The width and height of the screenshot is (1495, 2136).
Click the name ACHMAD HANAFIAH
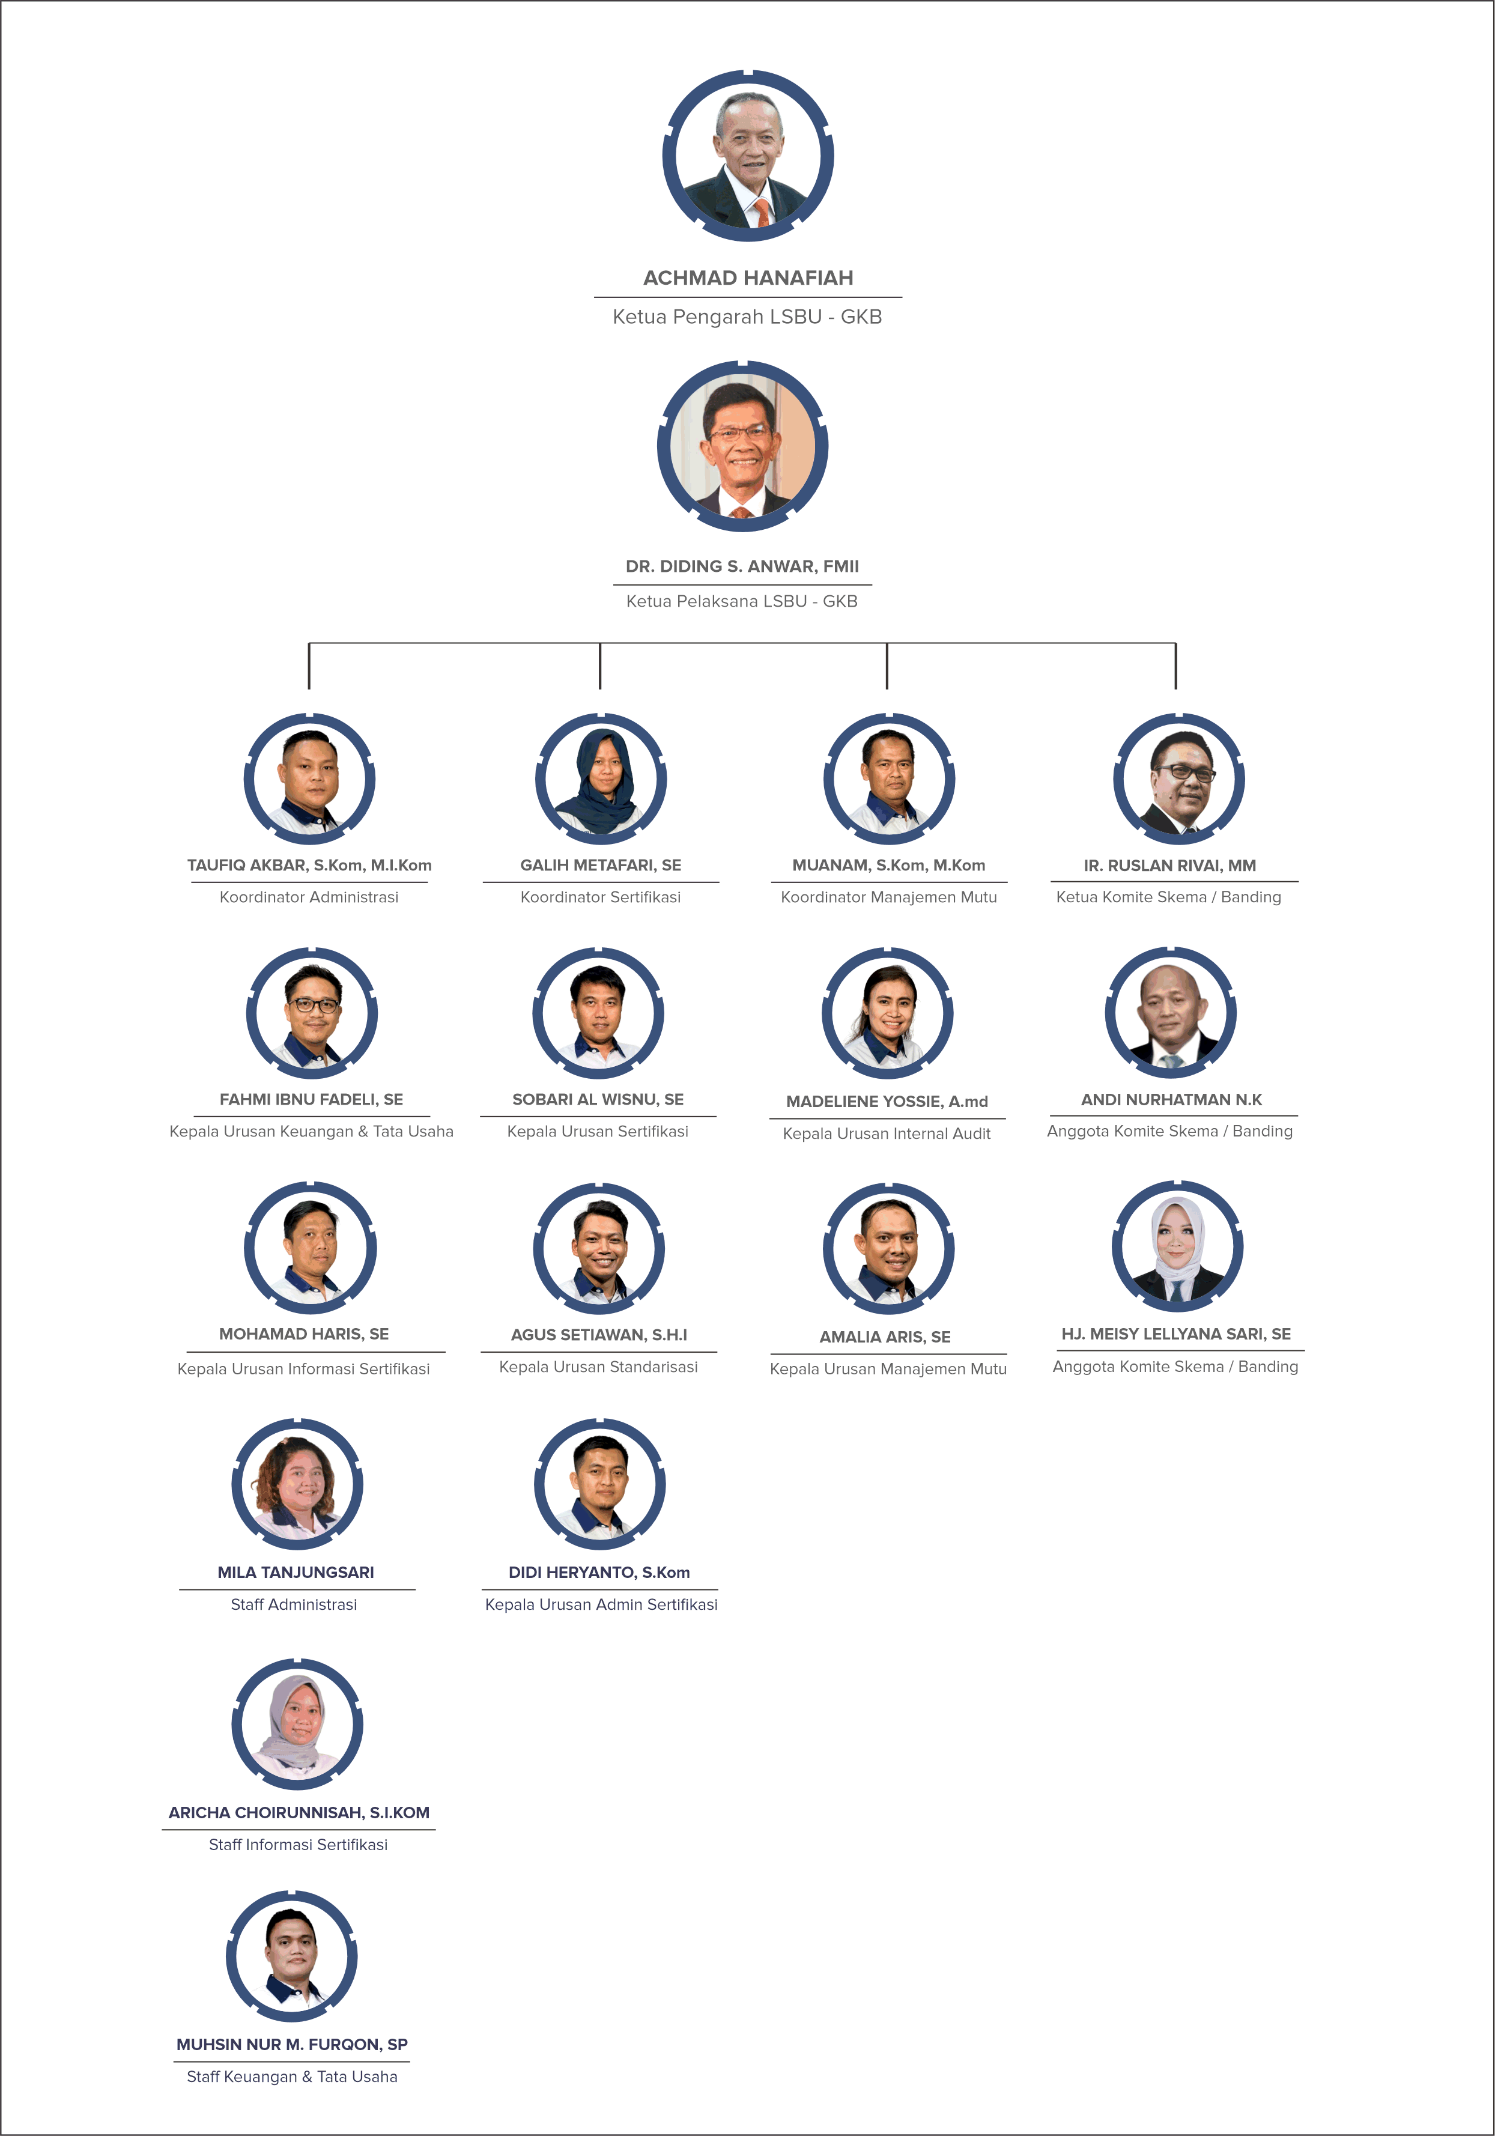pyautogui.click(x=748, y=278)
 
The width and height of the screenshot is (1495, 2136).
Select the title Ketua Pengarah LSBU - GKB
pyautogui.click(x=747, y=317)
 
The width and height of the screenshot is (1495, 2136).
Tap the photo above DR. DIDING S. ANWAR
pyautogui.click(x=742, y=446)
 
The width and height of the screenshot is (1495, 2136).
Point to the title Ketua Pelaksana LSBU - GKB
pyautogui.click(x=741, y=601)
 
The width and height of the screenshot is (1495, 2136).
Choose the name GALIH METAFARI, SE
pyautogui.click(x=601, y=865)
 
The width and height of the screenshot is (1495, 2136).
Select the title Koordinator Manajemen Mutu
pyautogui.click(x=888, y=897)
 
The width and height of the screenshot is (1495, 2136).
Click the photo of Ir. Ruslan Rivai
pyautogui.click(x=1178, y=778)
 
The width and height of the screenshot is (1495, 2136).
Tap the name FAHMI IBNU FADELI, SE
pyautogui.click(x=312, y=1100)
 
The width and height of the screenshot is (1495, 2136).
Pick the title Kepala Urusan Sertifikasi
pyautogui.click(x=598, y=1131)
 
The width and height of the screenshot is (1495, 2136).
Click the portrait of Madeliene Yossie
pyautogui.click(x=888, y=1013)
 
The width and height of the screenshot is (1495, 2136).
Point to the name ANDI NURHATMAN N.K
pyautogui.click(x=1171, y=1100)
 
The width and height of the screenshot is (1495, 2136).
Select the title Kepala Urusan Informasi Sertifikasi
pyautogui.click(x=303, y=1368)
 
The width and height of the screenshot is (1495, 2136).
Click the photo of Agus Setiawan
pyautogui.click(x=599, y=1248)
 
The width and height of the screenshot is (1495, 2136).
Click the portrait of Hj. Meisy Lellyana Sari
pyautogui.click(x=1178, y=1246)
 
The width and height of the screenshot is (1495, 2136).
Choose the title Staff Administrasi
pyautogui.click(x=294, y=1604)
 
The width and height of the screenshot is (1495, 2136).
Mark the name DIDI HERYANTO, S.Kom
pyautogui.click(x=599, y=1572)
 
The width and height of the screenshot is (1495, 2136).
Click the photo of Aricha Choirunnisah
pyautogui.click(x=298, y=1724)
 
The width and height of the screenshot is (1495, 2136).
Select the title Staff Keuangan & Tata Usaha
pyautogui.click(x=292, y=2077)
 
